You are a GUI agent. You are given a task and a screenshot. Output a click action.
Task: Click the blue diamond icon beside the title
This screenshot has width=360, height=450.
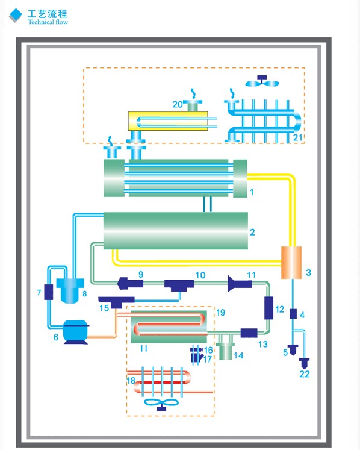16,14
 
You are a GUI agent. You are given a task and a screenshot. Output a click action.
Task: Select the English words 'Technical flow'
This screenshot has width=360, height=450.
48,22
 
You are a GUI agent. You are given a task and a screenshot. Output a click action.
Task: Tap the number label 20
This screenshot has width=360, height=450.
178,104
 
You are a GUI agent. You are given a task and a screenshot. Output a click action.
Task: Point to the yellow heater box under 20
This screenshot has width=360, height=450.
168,121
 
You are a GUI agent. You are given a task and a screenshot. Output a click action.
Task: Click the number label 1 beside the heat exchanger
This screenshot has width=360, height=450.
252,192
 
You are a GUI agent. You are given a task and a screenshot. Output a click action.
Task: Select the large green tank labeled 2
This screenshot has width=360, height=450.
176,231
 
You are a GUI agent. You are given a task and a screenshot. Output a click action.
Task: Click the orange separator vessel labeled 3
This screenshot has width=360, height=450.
291,262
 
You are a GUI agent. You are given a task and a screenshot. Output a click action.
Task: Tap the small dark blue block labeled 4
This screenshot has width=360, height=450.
293,314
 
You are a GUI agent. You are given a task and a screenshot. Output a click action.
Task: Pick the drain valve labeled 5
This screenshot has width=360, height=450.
293,350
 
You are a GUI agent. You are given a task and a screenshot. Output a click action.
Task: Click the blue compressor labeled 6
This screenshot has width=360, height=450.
75,331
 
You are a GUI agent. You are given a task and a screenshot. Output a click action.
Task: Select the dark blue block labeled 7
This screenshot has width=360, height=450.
49,292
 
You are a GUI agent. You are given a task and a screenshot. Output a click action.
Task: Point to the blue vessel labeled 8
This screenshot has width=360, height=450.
70,290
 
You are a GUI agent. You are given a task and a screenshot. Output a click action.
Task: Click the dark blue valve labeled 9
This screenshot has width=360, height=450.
131,283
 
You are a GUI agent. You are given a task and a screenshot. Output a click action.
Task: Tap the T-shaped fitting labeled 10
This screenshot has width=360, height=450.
179,286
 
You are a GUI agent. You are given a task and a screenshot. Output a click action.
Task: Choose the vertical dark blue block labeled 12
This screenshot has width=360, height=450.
268,308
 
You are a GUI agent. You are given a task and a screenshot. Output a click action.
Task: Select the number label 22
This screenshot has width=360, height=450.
305,374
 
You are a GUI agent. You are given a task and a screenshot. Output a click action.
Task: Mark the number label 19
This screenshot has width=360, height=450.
220,313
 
